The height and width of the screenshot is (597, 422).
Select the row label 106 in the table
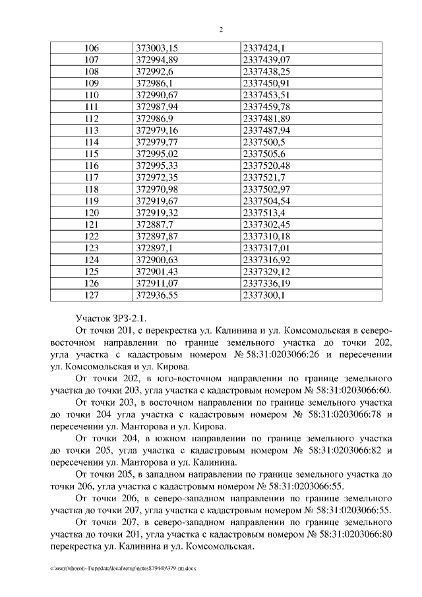click(92, 47)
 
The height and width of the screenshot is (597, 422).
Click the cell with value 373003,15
click(157, 47)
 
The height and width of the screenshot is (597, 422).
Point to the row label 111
click(92, 107)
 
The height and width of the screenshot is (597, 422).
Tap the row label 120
click(92, 213)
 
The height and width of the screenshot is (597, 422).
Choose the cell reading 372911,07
click(157, 284)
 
